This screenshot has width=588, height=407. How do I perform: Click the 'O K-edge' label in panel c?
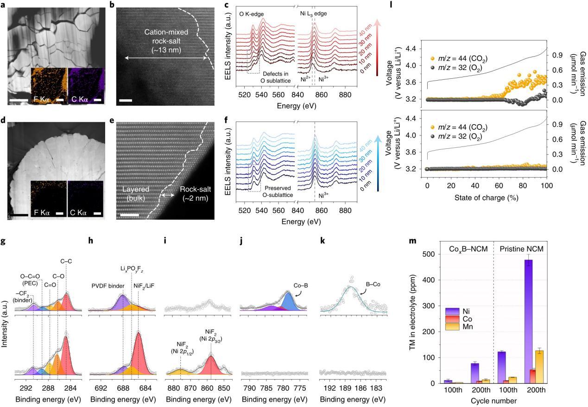[253, 14]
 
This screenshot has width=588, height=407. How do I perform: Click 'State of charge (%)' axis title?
[487, 197]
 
